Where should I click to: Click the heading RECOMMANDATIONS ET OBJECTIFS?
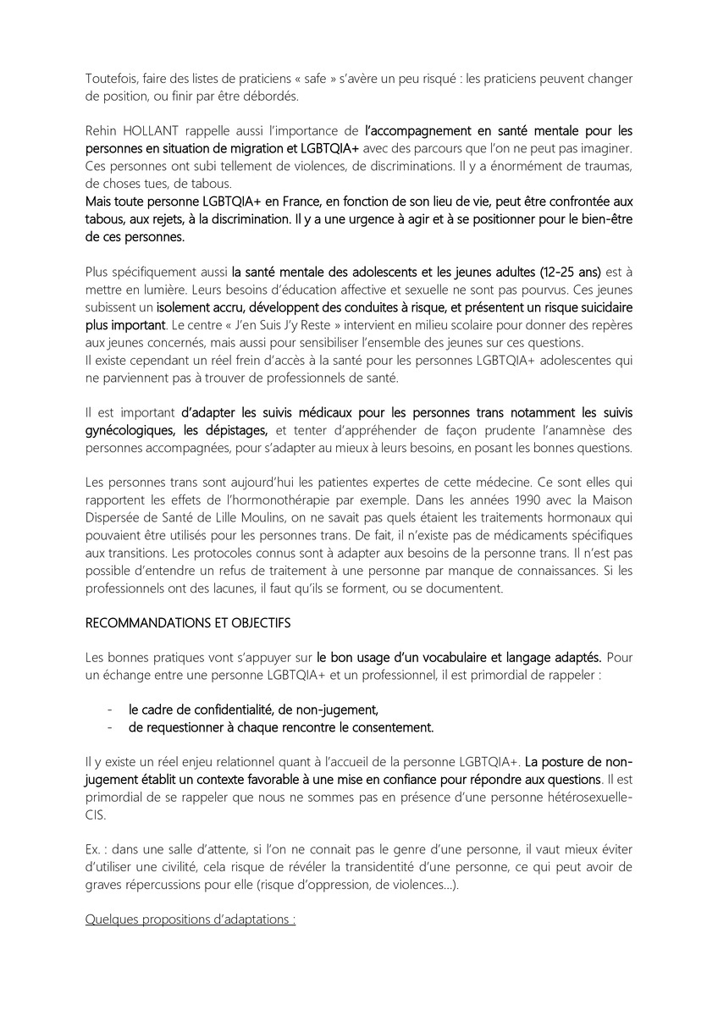(187, 622)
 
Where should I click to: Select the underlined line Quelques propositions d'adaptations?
(191, 919)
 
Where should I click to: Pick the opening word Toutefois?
(113, 79)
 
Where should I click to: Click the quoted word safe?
(303, 79)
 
